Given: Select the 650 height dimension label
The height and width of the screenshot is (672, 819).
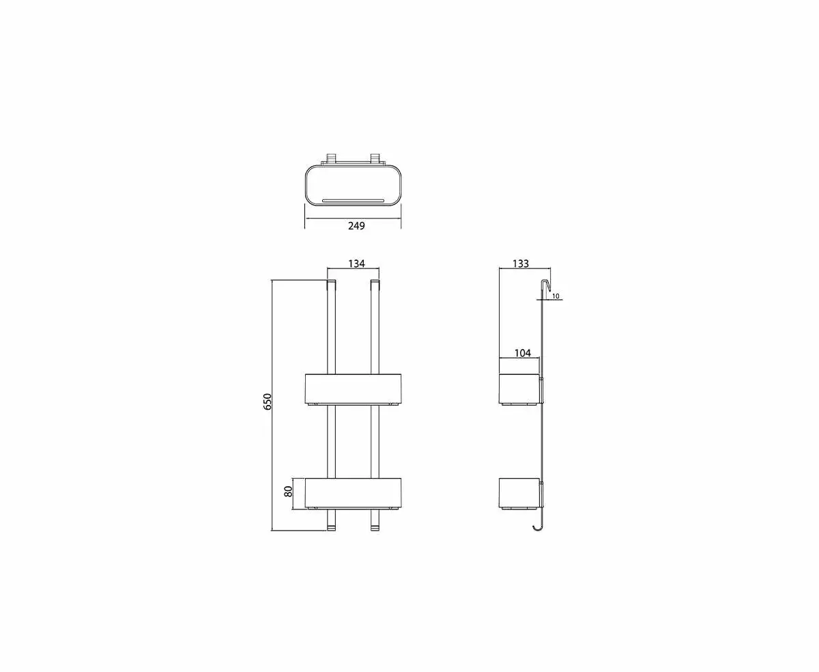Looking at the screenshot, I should coord(268,401).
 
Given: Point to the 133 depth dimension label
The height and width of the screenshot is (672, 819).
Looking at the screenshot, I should coord(520,264).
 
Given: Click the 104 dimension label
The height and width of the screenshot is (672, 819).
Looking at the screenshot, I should coord(523,352).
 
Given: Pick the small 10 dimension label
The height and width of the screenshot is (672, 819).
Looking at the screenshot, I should coord(556,296).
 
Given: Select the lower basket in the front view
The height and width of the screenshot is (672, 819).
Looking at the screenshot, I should coord(353,492).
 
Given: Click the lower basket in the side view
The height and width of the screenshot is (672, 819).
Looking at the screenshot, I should coord(520,492).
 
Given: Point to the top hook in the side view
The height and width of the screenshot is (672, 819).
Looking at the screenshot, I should coord(546,287).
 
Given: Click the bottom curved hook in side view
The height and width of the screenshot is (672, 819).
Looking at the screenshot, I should coord(538,526).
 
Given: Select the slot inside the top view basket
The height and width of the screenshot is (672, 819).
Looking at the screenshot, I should coord(354,201).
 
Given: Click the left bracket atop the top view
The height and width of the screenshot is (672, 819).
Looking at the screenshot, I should coord(332,158).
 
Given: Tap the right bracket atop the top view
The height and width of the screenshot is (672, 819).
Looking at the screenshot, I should coord(375,158).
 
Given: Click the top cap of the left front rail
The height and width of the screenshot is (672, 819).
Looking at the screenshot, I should coord(332,284).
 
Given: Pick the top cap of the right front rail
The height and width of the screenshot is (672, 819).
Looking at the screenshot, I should coord(374,284).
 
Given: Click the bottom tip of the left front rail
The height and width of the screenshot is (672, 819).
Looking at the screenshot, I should coord(332,527).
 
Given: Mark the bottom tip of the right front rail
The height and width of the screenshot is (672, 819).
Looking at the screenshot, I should coord(374,527).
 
